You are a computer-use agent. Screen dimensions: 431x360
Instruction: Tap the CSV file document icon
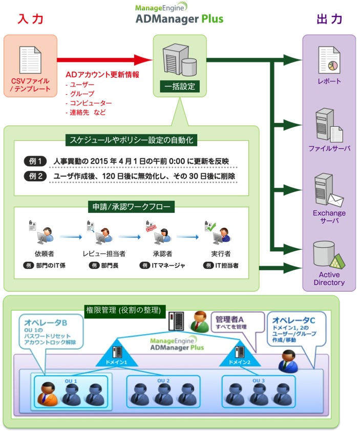(x=30, y=60)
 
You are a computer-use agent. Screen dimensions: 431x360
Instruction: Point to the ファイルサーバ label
(x=329, y=148)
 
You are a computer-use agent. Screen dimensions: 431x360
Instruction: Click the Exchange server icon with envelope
(x=328, y=190)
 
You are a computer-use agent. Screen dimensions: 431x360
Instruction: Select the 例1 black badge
(x=35, y=161)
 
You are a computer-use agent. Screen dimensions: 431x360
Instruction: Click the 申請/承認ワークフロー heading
(x=132, y=207)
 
